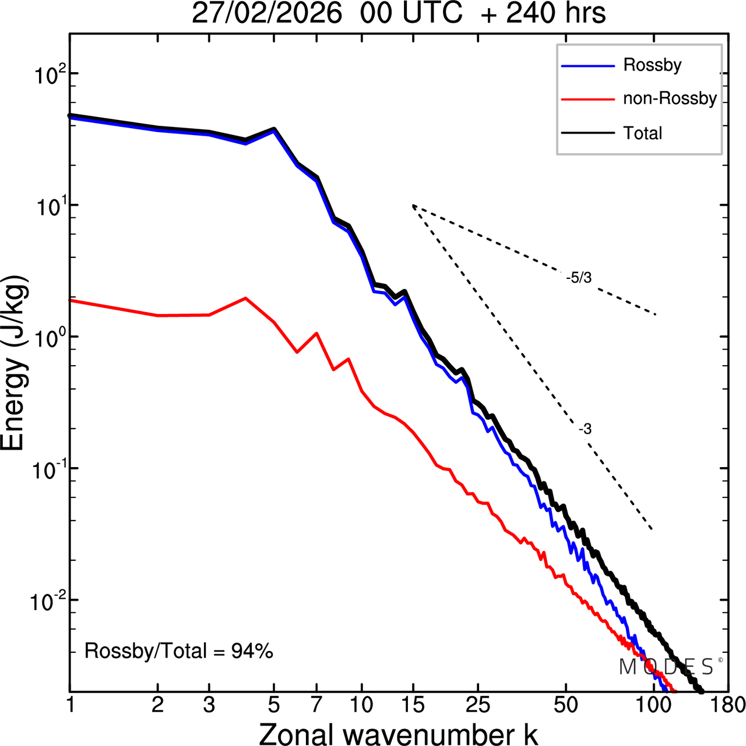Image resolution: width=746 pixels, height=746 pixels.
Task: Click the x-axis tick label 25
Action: point(477,705)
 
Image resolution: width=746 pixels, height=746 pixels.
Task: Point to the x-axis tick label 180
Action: point(728,705)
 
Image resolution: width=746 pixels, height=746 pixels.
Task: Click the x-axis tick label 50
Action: point(565,705)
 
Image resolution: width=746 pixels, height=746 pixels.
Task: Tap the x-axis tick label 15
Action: point(413,705)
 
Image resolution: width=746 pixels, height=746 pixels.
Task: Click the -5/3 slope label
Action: point(578,278)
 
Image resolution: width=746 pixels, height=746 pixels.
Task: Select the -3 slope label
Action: point(585,430)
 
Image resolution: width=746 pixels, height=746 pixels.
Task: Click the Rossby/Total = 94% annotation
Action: point(178,651)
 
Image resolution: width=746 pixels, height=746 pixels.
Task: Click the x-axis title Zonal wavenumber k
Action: point(398,733)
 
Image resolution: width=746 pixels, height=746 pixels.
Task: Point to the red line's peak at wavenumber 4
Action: point(245,298)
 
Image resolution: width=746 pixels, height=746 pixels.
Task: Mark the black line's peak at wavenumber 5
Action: point(274,129)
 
